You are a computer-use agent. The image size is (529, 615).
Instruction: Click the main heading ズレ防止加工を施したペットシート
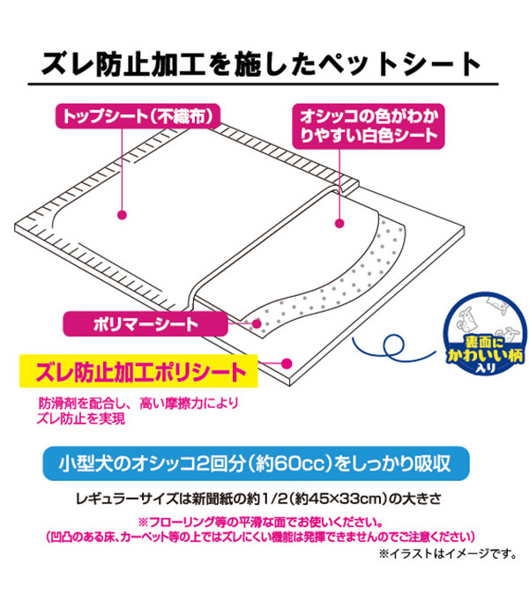coord(261,64)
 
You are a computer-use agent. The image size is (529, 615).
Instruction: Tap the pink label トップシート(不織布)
coord(138,116)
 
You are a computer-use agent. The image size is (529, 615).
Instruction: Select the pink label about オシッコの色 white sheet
coord(369,126)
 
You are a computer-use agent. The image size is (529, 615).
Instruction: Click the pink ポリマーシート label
coord(145,324)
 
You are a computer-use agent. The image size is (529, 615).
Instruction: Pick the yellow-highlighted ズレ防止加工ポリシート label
coord(138,372)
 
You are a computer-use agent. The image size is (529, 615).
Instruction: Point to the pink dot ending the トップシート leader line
coord(122,215)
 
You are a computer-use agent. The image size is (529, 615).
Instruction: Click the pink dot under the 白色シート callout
coord(339,224)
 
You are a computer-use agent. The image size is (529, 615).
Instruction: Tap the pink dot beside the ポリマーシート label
coord(257,324)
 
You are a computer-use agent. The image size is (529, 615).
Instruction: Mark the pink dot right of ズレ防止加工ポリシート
coord(287,364)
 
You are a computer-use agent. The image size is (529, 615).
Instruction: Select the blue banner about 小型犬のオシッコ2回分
coord(256,463)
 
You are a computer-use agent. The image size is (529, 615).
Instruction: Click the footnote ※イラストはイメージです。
coord(448,553)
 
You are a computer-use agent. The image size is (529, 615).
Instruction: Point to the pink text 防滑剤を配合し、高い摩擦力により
coord(138,403)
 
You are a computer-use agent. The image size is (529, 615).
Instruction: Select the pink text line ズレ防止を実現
coord(81,419)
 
